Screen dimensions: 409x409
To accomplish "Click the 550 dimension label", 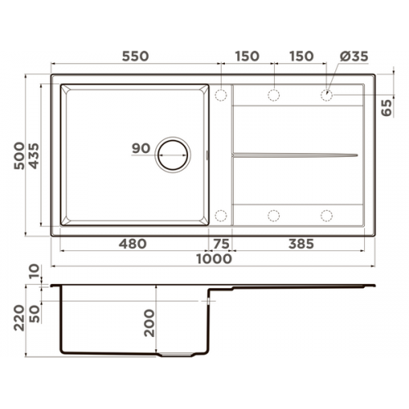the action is coord(135,56).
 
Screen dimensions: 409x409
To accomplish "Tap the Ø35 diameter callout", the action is coord(354,56).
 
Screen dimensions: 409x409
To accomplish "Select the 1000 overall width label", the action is coord(214,258).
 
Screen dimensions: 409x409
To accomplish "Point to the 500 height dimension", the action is coord(20,155).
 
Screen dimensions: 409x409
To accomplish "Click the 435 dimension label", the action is coord(34,156).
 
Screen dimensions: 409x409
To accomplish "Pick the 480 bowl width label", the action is coord(133,244).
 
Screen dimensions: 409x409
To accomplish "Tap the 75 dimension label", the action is coord(221,244).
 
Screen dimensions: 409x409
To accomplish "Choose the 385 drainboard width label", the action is coord(301,244).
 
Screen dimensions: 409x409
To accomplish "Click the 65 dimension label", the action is coord(386,108).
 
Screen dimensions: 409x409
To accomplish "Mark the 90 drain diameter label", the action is coord(141,148).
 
